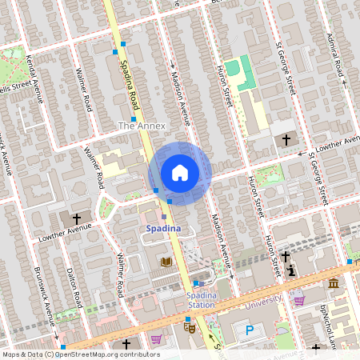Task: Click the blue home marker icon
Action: click(x=180, y=173)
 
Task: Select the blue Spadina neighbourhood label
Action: click(x=163, y=229)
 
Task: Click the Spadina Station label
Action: click(x=201, y=300)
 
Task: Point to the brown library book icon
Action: click(x=166, y=262)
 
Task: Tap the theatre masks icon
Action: click(x=190, y=325)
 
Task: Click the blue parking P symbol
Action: click(x=250, y=330)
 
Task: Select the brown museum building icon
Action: click(x=333, y=283)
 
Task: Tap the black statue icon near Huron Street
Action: click(x=291, y=270)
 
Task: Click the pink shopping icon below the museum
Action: click(x=298, y=300)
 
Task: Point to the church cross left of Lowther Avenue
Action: click(x=78, y=218)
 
